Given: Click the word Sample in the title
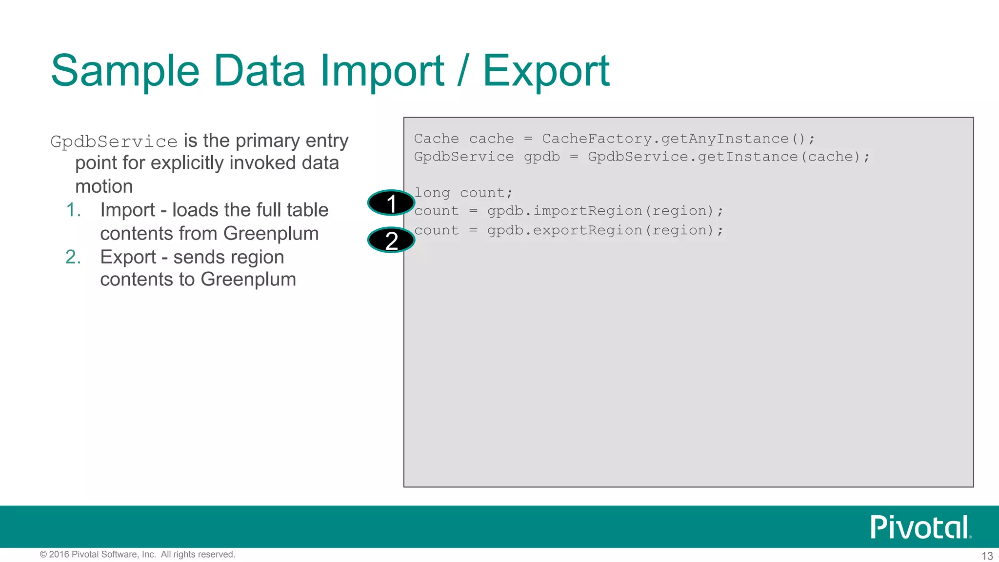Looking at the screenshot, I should coord(125,71).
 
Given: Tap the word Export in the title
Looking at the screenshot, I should coord(546,71).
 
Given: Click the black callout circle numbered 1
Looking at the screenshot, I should coord(391,203).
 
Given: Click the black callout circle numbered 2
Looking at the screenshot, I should coord(391,240).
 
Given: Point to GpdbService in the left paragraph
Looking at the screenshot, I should coord(114,142).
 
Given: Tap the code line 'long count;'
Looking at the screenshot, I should coord(463,193).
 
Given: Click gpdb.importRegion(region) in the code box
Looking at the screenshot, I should coord(605,211).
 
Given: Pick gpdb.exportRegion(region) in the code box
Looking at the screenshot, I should coord(605,230).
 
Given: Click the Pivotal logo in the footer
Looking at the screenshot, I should coord(920,527).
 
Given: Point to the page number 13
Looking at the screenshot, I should coord(987,556).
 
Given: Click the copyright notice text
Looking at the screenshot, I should coord(138,555).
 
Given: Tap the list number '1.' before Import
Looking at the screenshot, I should coord(73,210).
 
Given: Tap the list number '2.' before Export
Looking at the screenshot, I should coord(73,257).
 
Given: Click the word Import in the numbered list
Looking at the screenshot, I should coord(127,210).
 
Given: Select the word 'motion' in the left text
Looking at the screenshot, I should coord(104,186).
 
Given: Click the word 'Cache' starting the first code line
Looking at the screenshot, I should coord(436,139).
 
